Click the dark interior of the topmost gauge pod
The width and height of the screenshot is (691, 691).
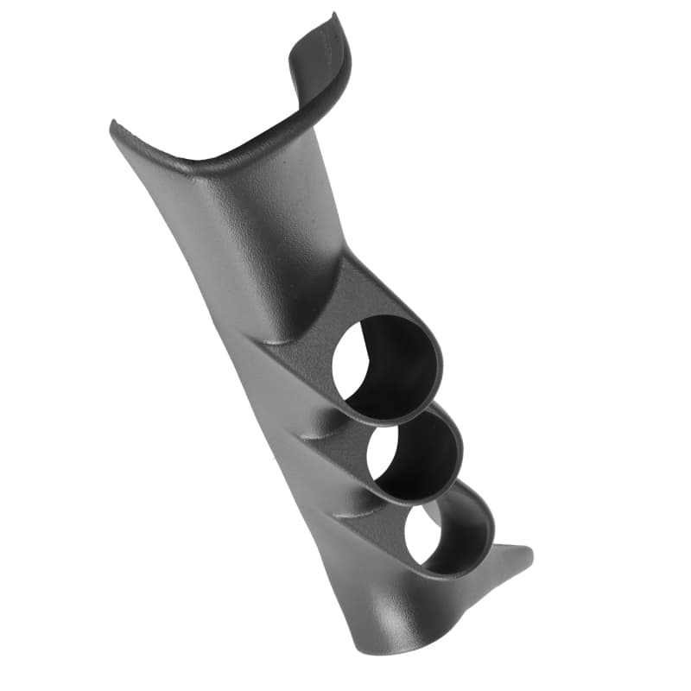click(x=406, y=363)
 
